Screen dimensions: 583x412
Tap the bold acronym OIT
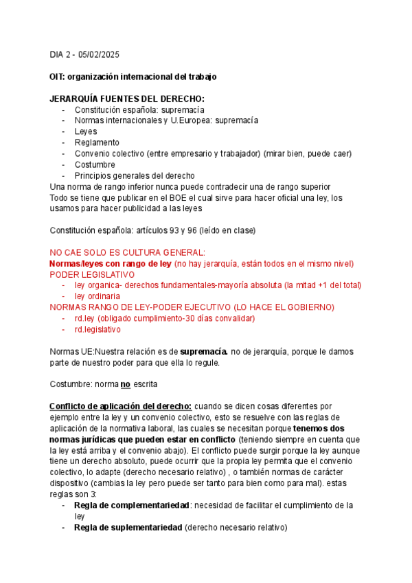(x=59, y=76)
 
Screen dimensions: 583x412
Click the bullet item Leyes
(x=86, y=131)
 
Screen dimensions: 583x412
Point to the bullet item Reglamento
(x=97, y=142)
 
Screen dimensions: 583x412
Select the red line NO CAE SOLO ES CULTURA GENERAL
(x=128, y=252)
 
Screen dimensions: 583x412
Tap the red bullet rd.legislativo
(x=98, y=329)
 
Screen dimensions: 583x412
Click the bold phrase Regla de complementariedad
(x=131, y=505)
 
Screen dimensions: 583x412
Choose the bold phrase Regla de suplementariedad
(x=128, y=527)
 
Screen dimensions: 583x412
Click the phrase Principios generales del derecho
(x=135, y=175)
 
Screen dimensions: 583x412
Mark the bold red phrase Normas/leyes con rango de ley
(x=110, y=263)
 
